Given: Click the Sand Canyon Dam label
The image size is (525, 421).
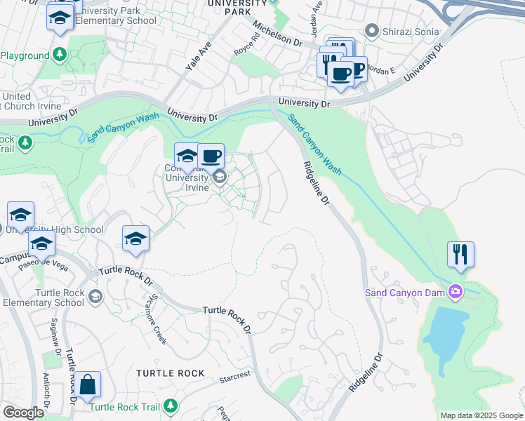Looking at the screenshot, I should click(x=406, y=292).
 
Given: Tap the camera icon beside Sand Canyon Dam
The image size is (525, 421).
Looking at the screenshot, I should click(x=457, y=291).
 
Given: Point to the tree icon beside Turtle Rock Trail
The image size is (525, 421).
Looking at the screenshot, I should click(x=170, y=406).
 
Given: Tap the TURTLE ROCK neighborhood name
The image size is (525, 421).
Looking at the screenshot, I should click(x=171, y=373).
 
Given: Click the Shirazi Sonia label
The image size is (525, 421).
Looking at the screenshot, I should click(x=411, y=31).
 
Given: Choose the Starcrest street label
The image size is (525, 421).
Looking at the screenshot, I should click(x=235, y=377).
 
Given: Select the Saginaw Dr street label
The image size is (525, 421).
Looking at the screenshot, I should click(x=54, y=334).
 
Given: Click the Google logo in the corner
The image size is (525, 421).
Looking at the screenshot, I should click(x=23, y=413).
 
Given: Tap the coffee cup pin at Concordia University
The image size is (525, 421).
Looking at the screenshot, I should click(x=211, y=156).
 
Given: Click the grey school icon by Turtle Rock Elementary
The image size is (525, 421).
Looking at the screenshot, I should click(x=95, y=297).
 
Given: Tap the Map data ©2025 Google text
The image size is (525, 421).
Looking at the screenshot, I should click(x=481, y=415).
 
